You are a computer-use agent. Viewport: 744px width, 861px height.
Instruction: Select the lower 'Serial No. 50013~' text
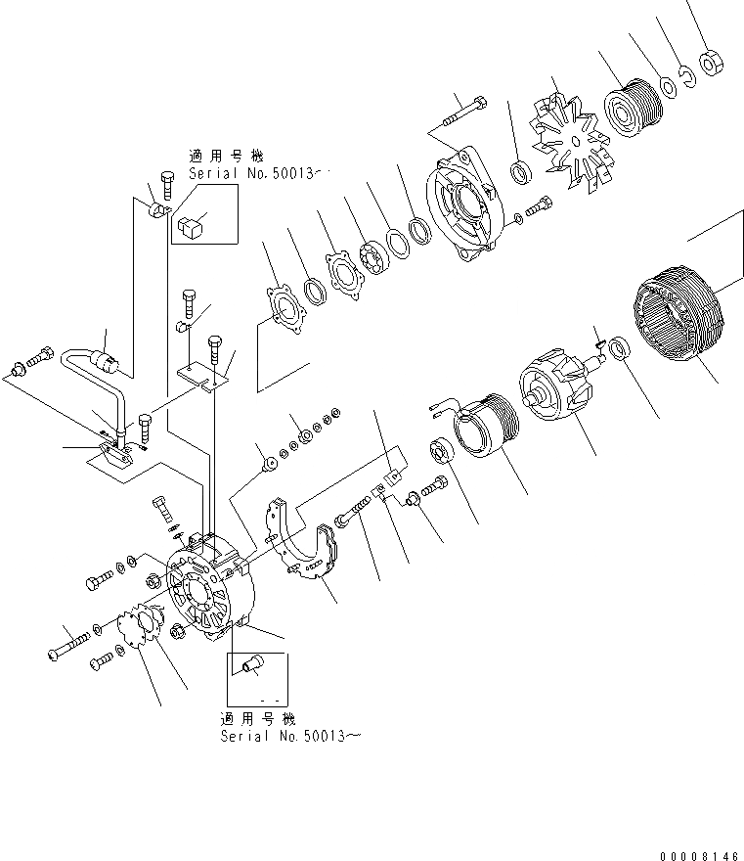[x=289, y=736]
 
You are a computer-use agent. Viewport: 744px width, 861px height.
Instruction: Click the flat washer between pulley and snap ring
[x=669, y=87]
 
